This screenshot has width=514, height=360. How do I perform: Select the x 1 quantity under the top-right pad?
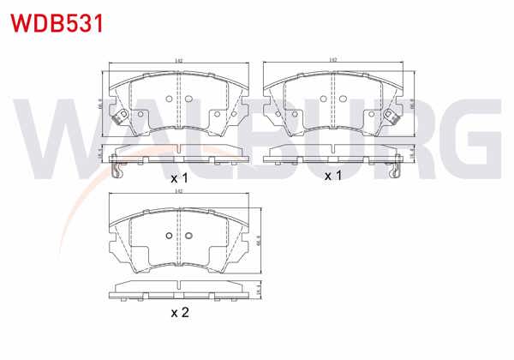point(332,175)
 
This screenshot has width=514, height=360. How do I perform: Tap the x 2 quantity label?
point(179,312)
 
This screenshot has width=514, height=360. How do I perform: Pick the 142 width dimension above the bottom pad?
point(178,194)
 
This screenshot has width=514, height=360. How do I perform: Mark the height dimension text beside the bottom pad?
point(258,241)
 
